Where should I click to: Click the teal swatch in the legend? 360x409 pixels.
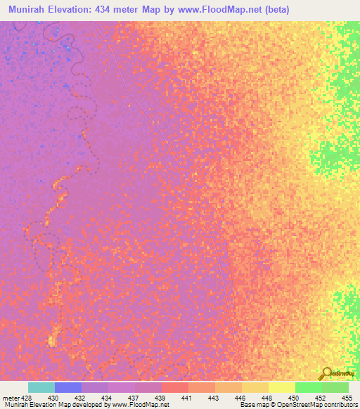tap(41, 387)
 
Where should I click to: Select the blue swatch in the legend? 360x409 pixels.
tap(68, 387)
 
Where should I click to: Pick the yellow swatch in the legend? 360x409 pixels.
tap(281, 387)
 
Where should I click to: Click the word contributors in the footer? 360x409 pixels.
tap(339, 405)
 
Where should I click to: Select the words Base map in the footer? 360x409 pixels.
tap(252, 405)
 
